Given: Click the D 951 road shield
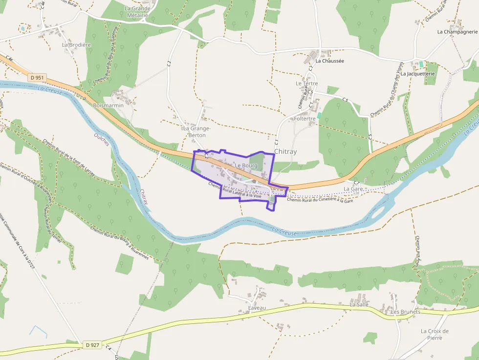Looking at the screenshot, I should (37, 77).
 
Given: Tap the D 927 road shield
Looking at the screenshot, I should (92, 345).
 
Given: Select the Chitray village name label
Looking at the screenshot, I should (285, 152).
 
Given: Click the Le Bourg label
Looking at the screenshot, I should (246, 166).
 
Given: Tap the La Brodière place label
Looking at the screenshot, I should (77, 44).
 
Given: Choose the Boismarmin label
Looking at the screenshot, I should (109, 105).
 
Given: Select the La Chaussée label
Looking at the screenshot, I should (330, 61).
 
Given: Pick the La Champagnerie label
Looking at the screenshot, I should (457, 32).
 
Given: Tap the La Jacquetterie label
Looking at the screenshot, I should (418, 74).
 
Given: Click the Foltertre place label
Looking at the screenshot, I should (305, 119).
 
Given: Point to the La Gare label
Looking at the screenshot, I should (353, 189).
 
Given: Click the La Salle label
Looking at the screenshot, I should (359, 304).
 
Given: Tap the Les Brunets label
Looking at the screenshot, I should (406, 312).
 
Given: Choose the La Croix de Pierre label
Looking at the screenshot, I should (435, 334).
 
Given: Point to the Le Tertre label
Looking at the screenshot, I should (306, 84).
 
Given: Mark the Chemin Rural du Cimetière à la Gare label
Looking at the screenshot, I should (320, 200).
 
